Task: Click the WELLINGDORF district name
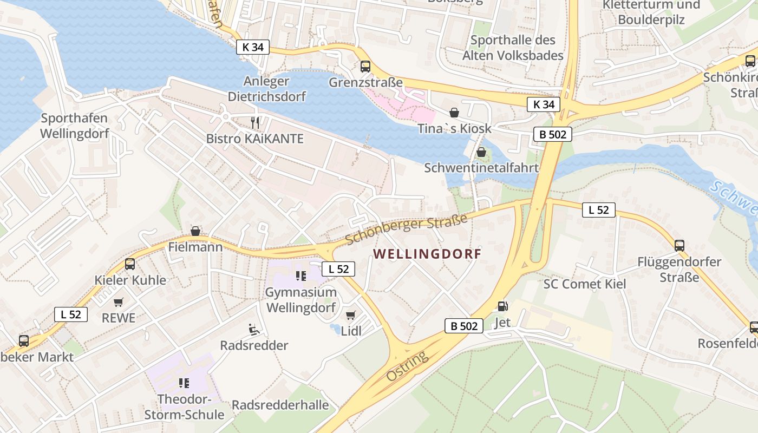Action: (x=427, y=254)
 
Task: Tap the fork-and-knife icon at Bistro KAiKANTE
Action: (x=256, y=123)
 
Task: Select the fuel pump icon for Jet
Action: (x=503, y=306)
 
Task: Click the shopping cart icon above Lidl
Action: (x=351, y=315)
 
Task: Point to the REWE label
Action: (x=119, y=318)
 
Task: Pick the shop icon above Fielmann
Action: (x=195, y=231)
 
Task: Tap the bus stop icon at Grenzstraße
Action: (x=365, y=67)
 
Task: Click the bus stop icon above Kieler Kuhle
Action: (x=130, y=264)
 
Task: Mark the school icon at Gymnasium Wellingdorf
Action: (x=301, y=276)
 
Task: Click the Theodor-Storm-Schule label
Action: (x=184, y=407)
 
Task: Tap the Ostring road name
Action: (x=407, y=366)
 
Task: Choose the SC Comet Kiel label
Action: (x=585, y=284)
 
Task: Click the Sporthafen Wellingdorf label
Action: (x=75, y=126)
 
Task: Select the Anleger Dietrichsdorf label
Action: (x=266, y=89)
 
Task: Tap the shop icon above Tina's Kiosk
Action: (x=454, y=113)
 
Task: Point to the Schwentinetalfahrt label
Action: (x=481, y=167)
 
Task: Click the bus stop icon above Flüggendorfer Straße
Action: (x=679, y=246)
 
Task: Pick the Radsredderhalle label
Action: (x=280, y=405)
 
